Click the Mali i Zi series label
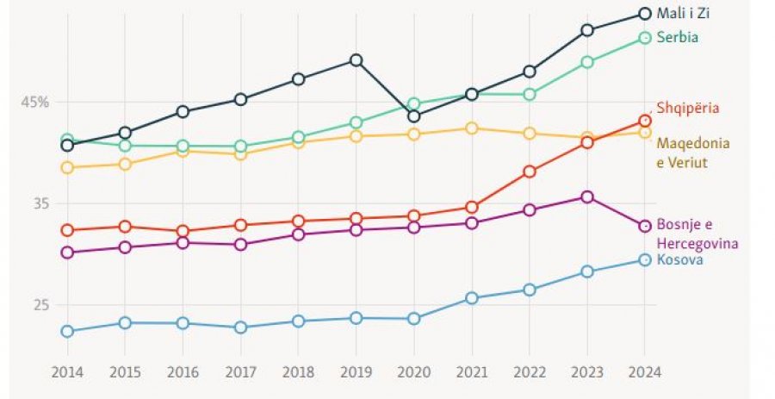[683, 13]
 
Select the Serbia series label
[677, 37]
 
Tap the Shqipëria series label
[687, 109]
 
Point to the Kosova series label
[679, 259]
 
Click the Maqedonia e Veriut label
[693, 153]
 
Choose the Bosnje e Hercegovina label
[697, 234]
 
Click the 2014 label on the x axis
[66, 372]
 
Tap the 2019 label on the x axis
[356, 372]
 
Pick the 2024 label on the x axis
[644, 372]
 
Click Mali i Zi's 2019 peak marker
[356, 60]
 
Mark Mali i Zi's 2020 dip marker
[413, 116]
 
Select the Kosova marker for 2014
[67, 331]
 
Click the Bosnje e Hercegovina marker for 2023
[587, 196]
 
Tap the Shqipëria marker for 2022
[530, 171]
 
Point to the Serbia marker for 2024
[644, 37]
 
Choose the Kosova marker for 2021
[472, 298]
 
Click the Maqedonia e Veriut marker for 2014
[67, 167]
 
